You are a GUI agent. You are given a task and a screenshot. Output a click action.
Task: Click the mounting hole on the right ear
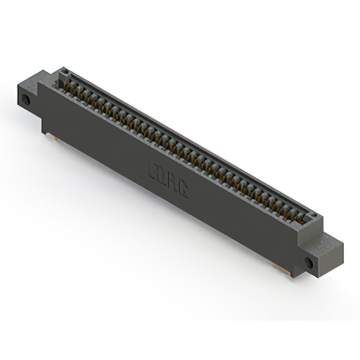pos(308,263)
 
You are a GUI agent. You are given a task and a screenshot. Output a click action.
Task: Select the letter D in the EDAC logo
pos(162,174)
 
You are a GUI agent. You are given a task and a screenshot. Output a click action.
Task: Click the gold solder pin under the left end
pos(57,137)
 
